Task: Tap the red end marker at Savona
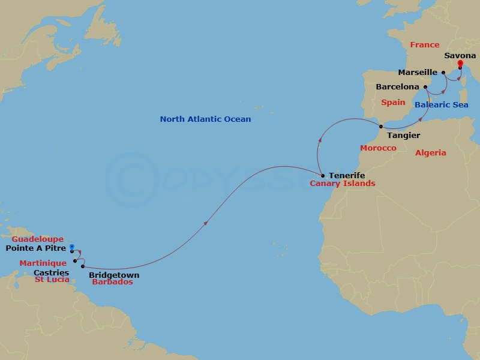click(x=460, y=63)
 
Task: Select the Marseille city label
click(x=419, y=73)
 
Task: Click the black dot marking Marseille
click(x=443, y=73)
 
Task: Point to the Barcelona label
click(x=397, y=87)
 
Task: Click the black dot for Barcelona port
click(x=425, y=87)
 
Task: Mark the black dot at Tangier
click(x=382, y=126)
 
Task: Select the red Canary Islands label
click(x=342, y=184)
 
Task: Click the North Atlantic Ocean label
click(x=205, y=119)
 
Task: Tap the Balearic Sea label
click(x=441, y=104)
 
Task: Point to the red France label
click(x=425, y=45)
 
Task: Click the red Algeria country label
click(x=431, y=153)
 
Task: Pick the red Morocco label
click(x=378, y=148)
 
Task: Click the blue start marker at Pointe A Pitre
click(x=71, y=247)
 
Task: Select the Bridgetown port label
click(x=114, y=275)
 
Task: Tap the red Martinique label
click(x=43, y=263)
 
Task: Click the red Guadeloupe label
click(x=42, y=239)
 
